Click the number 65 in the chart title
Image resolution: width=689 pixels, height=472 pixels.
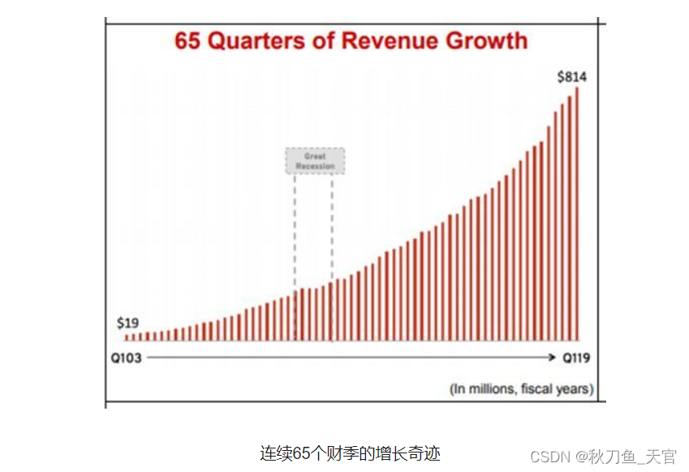pyautogui.click(x=188, y=41)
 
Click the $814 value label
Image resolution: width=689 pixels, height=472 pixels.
pyautogui.click(x=571, y=77)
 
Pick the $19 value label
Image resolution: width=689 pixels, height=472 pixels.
pyautogui.click(x=127, y=323)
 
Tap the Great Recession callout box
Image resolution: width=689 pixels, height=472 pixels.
pyautogui.click(x=315, y=161)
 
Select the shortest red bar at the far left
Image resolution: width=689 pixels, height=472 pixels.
pyautogui.click(x=127, y=336)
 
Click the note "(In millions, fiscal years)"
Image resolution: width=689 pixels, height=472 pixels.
pyautogui.click(x=521, y=389)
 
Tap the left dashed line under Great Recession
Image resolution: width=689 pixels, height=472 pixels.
pyautogui.click(x=295, y=227)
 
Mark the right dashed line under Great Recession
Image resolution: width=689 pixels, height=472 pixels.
pyautogui.click(x=332, y=227)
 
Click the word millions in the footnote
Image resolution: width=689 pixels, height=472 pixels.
pyautogui.click(x=490, y=389)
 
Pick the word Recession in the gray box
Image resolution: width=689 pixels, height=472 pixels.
pyautogui.click(x=315, y=167)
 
